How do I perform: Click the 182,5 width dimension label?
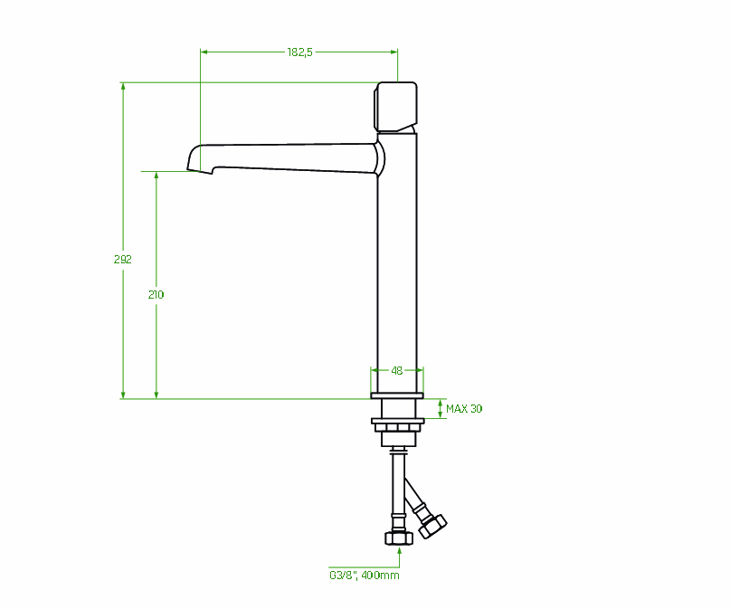(299, 52)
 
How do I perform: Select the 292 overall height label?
(123, 260)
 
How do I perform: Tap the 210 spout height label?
(156, 295)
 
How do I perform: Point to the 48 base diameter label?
(396, 371)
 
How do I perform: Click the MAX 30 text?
(464, 409)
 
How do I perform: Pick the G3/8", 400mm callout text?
(364, 576)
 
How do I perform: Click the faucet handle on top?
(395, 107)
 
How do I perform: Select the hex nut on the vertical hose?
(399, 538)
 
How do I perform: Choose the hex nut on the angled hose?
(432, 526)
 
